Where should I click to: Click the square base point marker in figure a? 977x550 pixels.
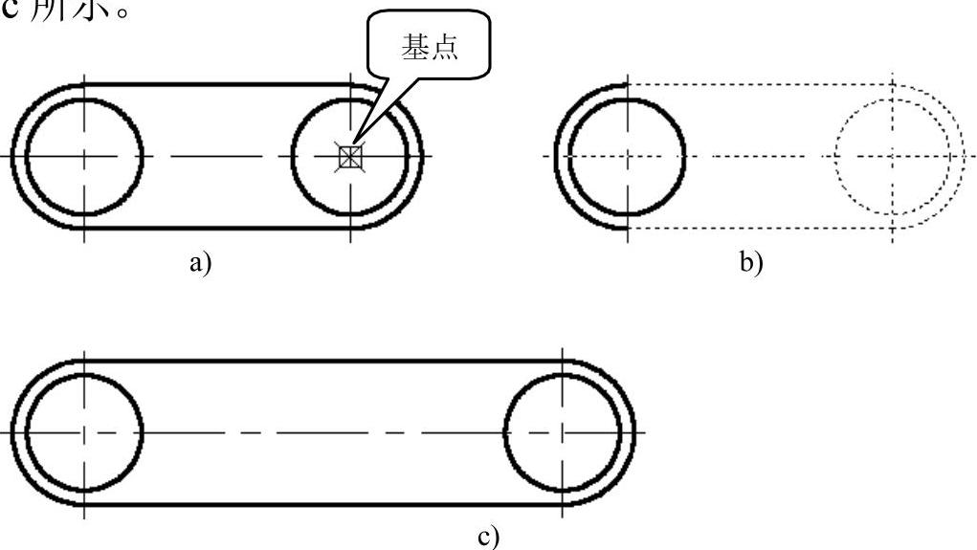(x=351, y=156)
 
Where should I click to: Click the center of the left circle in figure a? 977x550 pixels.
(x=84, y=156)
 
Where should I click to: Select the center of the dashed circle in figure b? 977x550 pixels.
(x=892, y=155)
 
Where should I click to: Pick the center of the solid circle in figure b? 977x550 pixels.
(x=627, y=155)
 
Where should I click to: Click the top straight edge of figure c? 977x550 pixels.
(x=325, y=361)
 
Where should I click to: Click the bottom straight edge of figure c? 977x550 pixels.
(x=325, y=504)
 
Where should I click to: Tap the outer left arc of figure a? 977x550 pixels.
(x=13, y=156)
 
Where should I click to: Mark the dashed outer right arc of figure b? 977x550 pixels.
(x=964, y=155)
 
